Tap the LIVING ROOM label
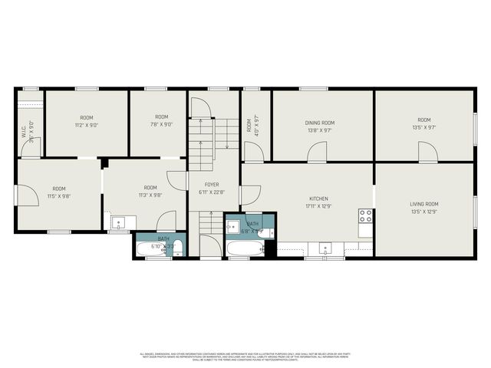click(424, 204)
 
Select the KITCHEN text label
click(318, 198)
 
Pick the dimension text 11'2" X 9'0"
click(87, 124)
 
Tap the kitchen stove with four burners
click(366, 216)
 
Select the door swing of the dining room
click(316, 153)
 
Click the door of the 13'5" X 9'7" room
click(427, 153)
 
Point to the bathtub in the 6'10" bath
click(151, 249)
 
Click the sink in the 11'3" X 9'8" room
click(118, 223)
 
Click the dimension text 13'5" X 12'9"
click(424, 211)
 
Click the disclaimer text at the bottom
click(245, 356)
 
